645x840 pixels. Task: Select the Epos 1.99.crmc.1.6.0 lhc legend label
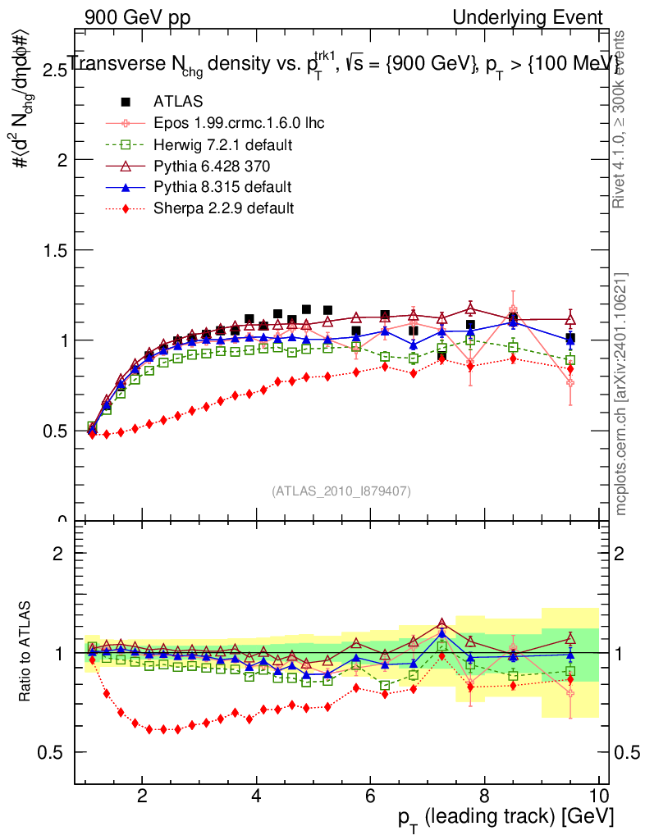(239, 123)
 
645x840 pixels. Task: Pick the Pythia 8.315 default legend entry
(222, 187)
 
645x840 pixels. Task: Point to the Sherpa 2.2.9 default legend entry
(223, 208)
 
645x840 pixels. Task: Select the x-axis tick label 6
(370, 795)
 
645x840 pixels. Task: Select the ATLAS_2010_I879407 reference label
(341, 491)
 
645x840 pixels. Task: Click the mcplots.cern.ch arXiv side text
(622, 394)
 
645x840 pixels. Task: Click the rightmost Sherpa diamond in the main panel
(570, 369)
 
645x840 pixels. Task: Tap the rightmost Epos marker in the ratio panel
(570, 693)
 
